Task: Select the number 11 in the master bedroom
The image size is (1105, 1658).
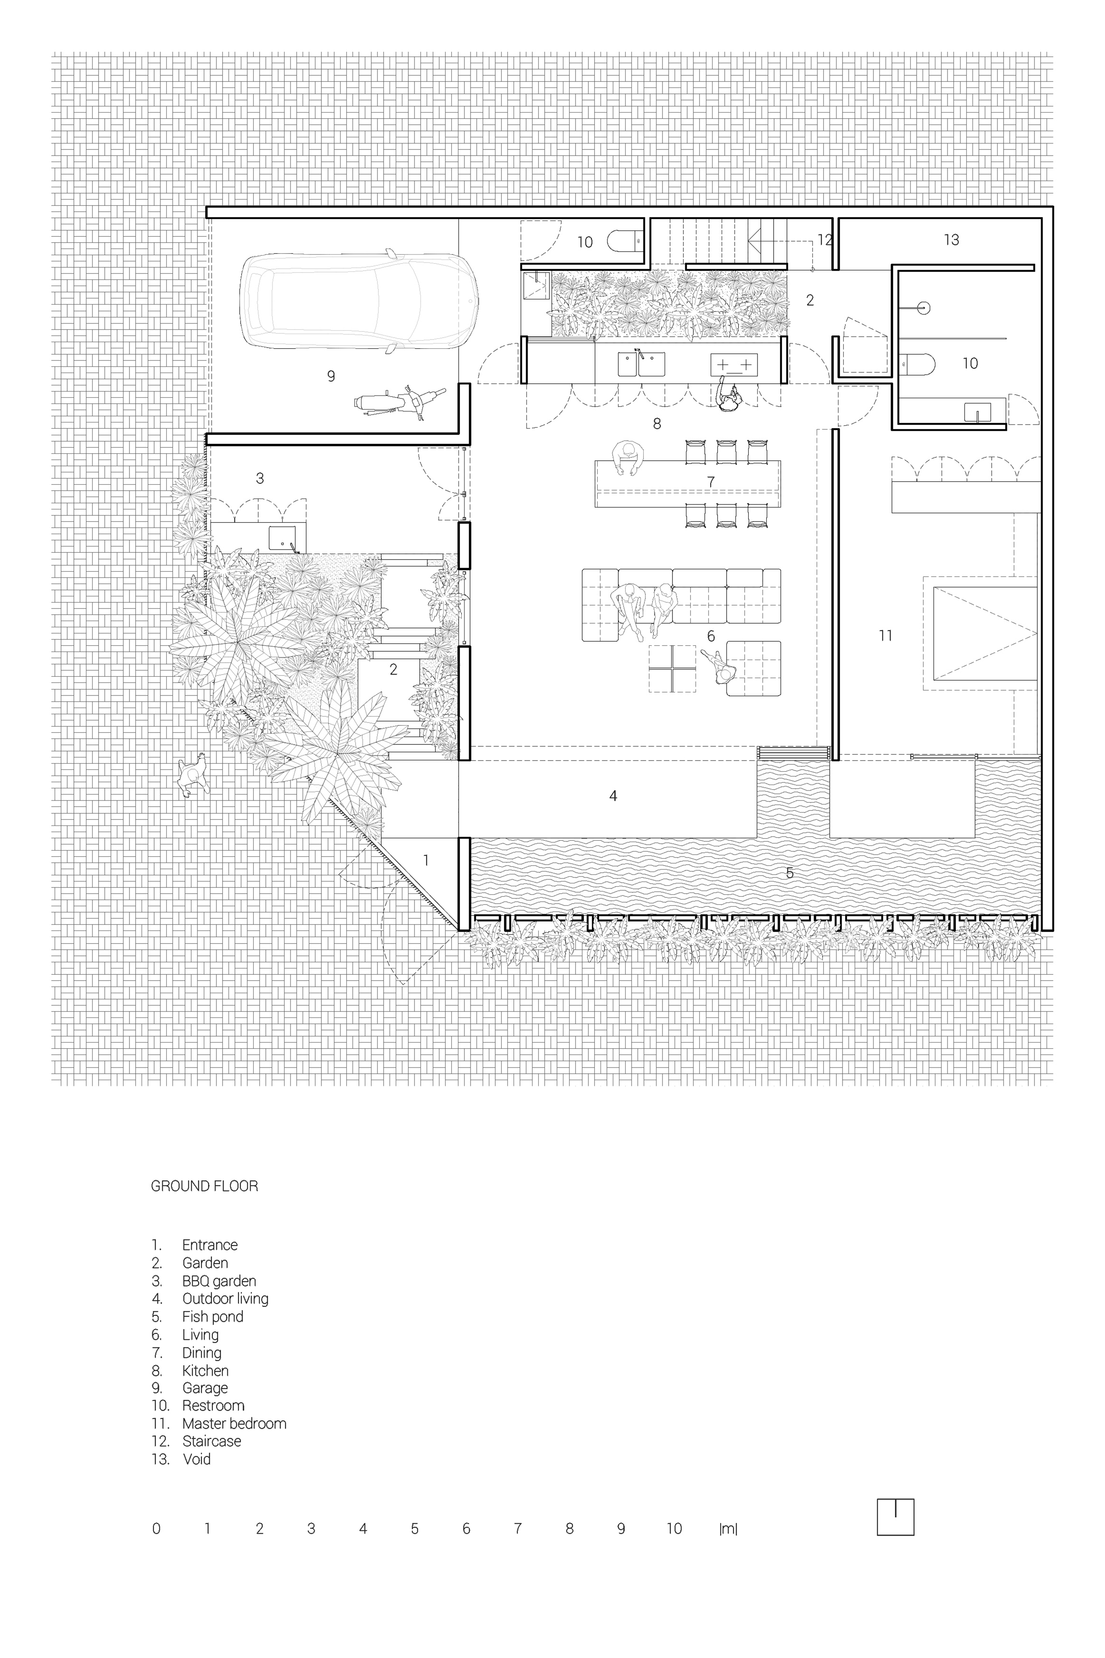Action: (x=885, y=636)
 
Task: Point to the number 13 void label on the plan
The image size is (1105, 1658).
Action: (x=951, y=240)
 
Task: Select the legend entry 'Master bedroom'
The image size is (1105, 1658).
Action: (x=234, y=1423)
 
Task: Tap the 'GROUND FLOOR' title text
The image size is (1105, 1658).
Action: (x=204, y=1186)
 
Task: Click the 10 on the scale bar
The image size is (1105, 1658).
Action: (x=674, y=1528)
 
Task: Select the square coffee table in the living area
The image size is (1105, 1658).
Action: (x=671, y=668)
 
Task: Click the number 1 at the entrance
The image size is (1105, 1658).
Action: (x=426, y=860)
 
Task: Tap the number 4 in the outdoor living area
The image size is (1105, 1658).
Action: (x=613, y=796)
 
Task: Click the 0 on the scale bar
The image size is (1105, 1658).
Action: (x=157, y=1528)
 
